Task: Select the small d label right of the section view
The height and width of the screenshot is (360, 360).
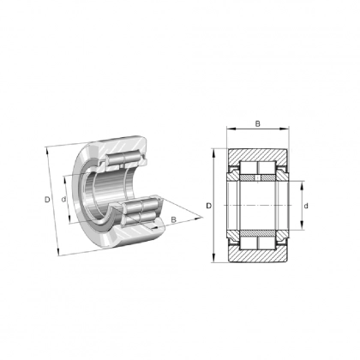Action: [x=306, y=206]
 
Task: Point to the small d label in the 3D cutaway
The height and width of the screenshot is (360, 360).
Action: [x=65, y=201]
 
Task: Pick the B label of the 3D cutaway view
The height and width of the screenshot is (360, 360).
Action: [x=174, y=221]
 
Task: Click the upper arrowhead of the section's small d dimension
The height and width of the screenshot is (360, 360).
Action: [x=300, y=183]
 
